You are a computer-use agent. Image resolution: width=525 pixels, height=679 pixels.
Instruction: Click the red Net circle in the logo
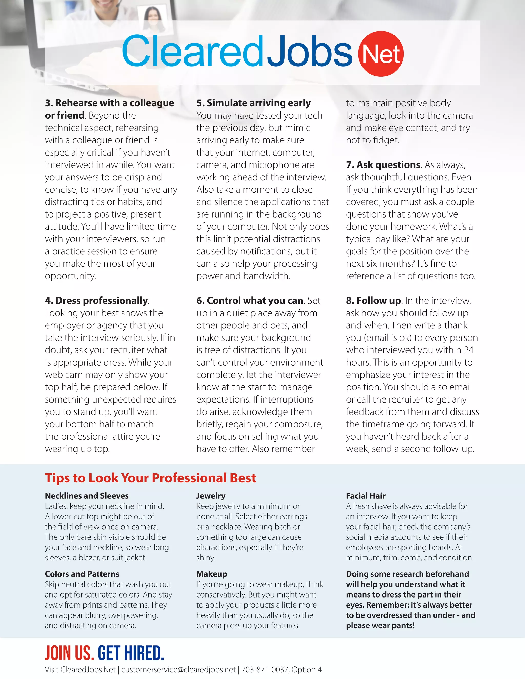pos(381,54)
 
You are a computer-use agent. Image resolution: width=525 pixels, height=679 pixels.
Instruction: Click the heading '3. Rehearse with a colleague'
pos(109,103)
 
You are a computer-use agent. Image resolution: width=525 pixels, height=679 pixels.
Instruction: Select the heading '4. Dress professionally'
pos(96,301)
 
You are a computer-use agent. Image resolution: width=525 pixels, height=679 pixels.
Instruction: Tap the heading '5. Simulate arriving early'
pos(254,103)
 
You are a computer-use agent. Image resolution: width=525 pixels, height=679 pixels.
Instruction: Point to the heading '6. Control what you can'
pos(250,301)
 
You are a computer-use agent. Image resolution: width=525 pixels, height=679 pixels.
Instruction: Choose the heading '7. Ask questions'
pos(383,165)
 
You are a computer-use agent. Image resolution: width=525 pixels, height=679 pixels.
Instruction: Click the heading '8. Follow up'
pos(373,301)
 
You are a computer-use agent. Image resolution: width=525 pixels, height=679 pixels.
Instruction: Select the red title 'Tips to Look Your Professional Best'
pos(150,478)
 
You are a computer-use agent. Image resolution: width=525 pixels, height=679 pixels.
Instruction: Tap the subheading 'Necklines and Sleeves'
pos(87,496)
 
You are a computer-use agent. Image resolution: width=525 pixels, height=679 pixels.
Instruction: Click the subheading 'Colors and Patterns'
pos(82,574)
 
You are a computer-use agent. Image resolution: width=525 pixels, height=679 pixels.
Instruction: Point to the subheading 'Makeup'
pos(212,574)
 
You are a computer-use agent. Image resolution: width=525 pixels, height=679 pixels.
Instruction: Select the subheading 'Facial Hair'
pos(366,496)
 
